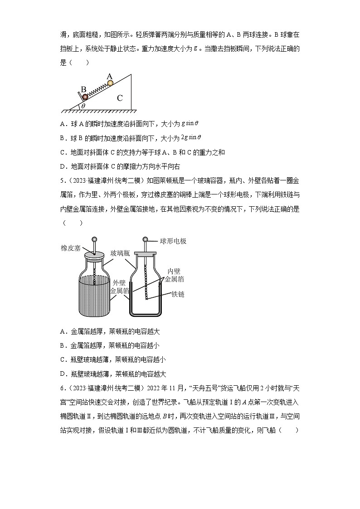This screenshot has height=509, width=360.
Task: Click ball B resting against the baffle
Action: click(85, 97)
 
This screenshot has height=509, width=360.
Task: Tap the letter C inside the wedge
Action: click(119, 97)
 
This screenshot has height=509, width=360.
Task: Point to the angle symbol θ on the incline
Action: click(83, 106)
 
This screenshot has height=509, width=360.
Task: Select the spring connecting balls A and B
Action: click(97, 90)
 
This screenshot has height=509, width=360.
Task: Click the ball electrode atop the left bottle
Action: click(95, 240)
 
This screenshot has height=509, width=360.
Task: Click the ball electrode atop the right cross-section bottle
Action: click(146, 239)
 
